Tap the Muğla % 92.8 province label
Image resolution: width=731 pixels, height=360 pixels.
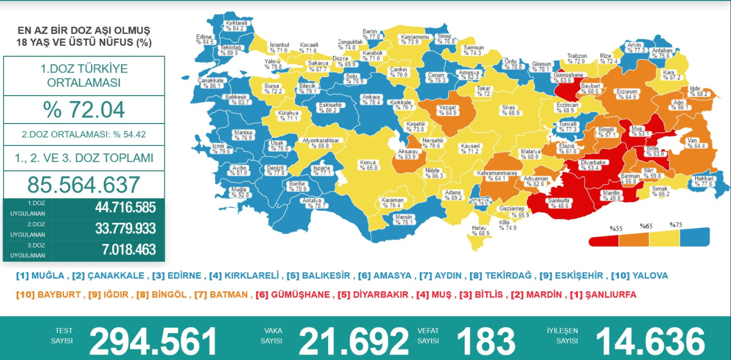click(x=238, y=192)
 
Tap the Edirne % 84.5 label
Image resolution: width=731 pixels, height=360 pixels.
click(x=204, y=39)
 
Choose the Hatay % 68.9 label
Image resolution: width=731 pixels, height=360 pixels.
click(x=481, y=231)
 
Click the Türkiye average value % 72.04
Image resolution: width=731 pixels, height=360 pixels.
click(x=84, y=110)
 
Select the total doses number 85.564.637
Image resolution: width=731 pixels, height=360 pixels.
click(x=84, y=185)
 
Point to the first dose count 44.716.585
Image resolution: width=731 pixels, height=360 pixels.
click(x=125, y=207)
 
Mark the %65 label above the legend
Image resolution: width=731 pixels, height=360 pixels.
click(x=646, y=226)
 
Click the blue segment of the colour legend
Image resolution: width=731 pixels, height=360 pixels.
click(x=695, y=237)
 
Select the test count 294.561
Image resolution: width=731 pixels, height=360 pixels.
click(x=153, y=342)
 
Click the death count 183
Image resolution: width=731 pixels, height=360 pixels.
click(x=486, y=342)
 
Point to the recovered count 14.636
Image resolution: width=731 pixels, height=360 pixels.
click(x=650, y=342)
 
